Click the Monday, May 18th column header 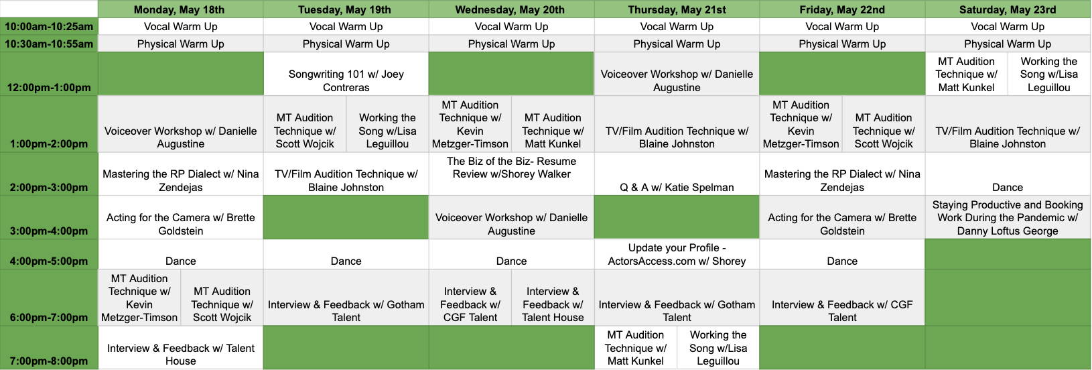(180, 9)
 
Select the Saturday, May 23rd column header (1008, 9)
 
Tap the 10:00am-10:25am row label (49, 26)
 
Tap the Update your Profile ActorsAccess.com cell (677, 254)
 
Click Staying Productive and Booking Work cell (1008, 217)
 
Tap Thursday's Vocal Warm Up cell (677, 26)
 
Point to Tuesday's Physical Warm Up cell (346, 44)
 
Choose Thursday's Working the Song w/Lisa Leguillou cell (718, 348)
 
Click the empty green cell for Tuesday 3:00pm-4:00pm (346, 217)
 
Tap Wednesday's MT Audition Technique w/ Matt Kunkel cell (553, 124)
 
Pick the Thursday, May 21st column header (677, 9)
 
